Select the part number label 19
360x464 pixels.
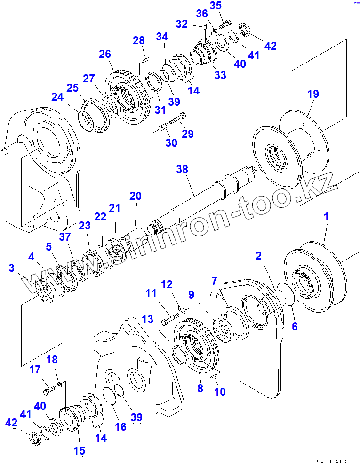tap(313, 94)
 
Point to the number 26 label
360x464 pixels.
tap(104, 54)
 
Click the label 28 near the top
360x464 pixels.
tap(138, 41)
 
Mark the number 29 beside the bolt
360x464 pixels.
tap(188, 134)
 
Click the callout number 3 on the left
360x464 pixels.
tap(11, 268)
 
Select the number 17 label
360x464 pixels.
tap(35, 370)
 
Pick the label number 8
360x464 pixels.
tap(200, 388)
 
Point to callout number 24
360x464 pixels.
tap(57, 97)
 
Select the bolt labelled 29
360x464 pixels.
tap(177, 121)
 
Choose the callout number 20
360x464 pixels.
tap(136, 197)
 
